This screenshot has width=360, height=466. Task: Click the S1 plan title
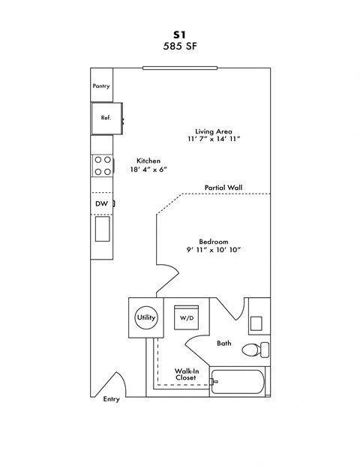click(x=180, y=34)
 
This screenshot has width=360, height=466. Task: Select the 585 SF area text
click(x=180, y=46)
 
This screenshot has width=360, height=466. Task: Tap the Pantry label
click(x=101, y=86)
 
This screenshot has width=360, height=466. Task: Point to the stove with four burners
click(x=103, y=165)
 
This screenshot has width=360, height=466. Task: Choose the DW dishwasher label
click(x=101, y=203)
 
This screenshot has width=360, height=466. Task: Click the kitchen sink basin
click(x=103, y=228)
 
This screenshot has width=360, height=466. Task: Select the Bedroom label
click(x=213, y=241)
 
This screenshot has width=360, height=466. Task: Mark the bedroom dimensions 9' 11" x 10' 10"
click(x=213, y=250)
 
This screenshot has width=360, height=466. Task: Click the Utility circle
click(x=146, y=317)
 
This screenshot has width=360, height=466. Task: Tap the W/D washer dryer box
click(x=186, y=317)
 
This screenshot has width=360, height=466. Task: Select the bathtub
click(x=238, y=382)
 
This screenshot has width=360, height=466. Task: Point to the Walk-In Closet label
click(x=186, y=374)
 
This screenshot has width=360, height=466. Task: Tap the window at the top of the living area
click(x=181, y=68)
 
